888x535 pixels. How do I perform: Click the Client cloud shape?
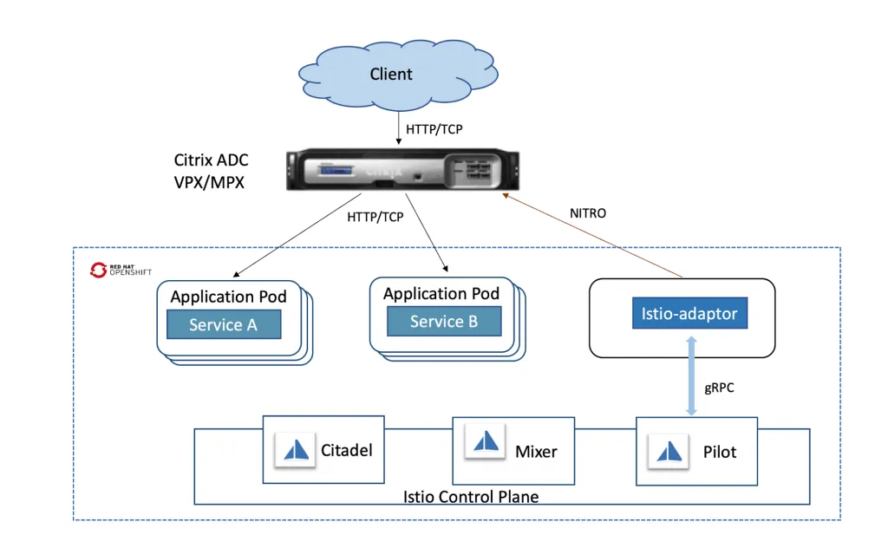[x=391, y=75]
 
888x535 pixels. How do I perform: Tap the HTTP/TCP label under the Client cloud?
[x=434, y=129]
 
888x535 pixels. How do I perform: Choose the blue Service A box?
[x=224, y=324]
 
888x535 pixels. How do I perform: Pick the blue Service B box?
[x=443, y=322]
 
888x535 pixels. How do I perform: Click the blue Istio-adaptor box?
[x=689, y=313]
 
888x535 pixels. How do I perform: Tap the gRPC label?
[x=719, y=388]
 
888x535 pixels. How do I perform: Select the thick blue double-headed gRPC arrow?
[x=691, y=375]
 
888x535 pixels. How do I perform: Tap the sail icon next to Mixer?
[x=485, y=443]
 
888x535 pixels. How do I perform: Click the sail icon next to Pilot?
[x=669, y=450]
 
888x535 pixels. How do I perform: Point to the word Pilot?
[x=719, y=452]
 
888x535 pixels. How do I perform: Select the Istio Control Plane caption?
[x=471, y=497]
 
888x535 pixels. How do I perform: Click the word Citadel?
[x=347, y=450]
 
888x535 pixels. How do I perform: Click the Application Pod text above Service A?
[x=228, y=297]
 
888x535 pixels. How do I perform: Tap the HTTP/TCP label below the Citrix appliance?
[x=375, y=217]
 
